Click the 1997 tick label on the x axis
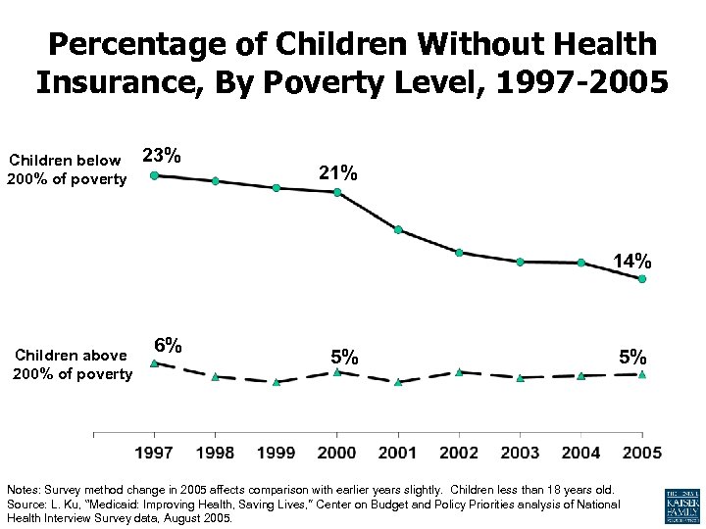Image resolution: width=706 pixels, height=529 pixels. [x=154, y=452]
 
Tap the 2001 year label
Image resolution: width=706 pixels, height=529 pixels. [x=398, y=452]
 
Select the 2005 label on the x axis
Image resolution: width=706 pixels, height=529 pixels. [x=642, y=452]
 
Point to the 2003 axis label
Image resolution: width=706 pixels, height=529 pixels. [x=521, y=452]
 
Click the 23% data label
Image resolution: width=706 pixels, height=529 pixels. [x=161, y=155]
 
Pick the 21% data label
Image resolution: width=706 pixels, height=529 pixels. [x=338, y=172]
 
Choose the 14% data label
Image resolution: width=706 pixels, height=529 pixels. [x=632, y=261]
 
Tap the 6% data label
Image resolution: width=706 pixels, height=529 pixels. [x=168, y=345]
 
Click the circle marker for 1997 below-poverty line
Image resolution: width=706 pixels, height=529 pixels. [x=154, y=175]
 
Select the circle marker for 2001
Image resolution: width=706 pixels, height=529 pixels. [x=398, y=230]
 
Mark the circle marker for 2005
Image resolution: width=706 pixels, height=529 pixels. [x=642, y=279]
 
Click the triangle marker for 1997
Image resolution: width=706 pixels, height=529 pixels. [x=154, y=363]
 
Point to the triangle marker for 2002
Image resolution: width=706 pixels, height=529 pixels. [x=459, y=372]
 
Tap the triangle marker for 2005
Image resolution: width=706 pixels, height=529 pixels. [x=642, y=374]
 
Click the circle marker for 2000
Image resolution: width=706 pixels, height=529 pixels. [x=337, y=192]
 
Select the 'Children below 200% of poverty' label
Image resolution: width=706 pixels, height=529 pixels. [x=67, y=169]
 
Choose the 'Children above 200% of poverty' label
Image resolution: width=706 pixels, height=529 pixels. [x=72, y=364]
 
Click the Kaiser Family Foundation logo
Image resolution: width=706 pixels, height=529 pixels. [x=681, y=505]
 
